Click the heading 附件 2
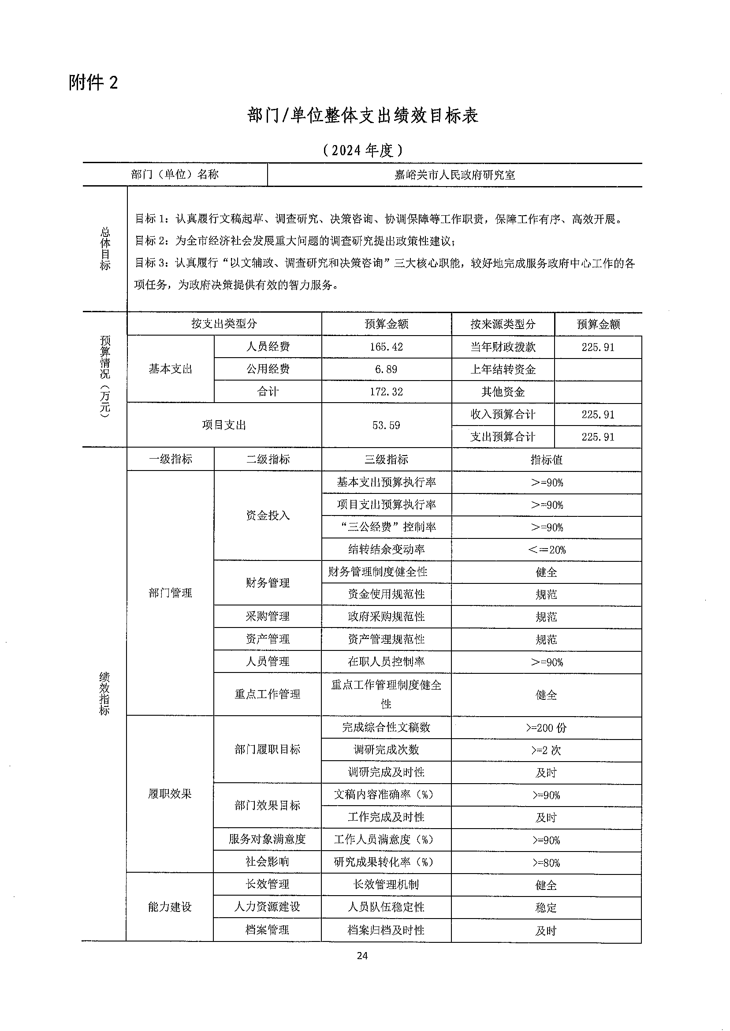pos(93,83)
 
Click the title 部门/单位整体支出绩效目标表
pos(362,116)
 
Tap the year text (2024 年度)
pos(362,150)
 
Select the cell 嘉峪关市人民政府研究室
pos(454,175)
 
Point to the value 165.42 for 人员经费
pos(386,347)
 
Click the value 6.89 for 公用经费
pos(386,370)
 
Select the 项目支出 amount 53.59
pos(386,426)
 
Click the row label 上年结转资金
pos(503,370)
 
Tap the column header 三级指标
pos(386,459)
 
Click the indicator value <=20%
pos(547,550)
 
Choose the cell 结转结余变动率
pos(386,549)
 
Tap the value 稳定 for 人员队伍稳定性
pos(547,908)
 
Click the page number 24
pos(362,956)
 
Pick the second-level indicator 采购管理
pos(268,616)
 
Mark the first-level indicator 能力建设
pos(170,907)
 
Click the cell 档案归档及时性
pos(386,930)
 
